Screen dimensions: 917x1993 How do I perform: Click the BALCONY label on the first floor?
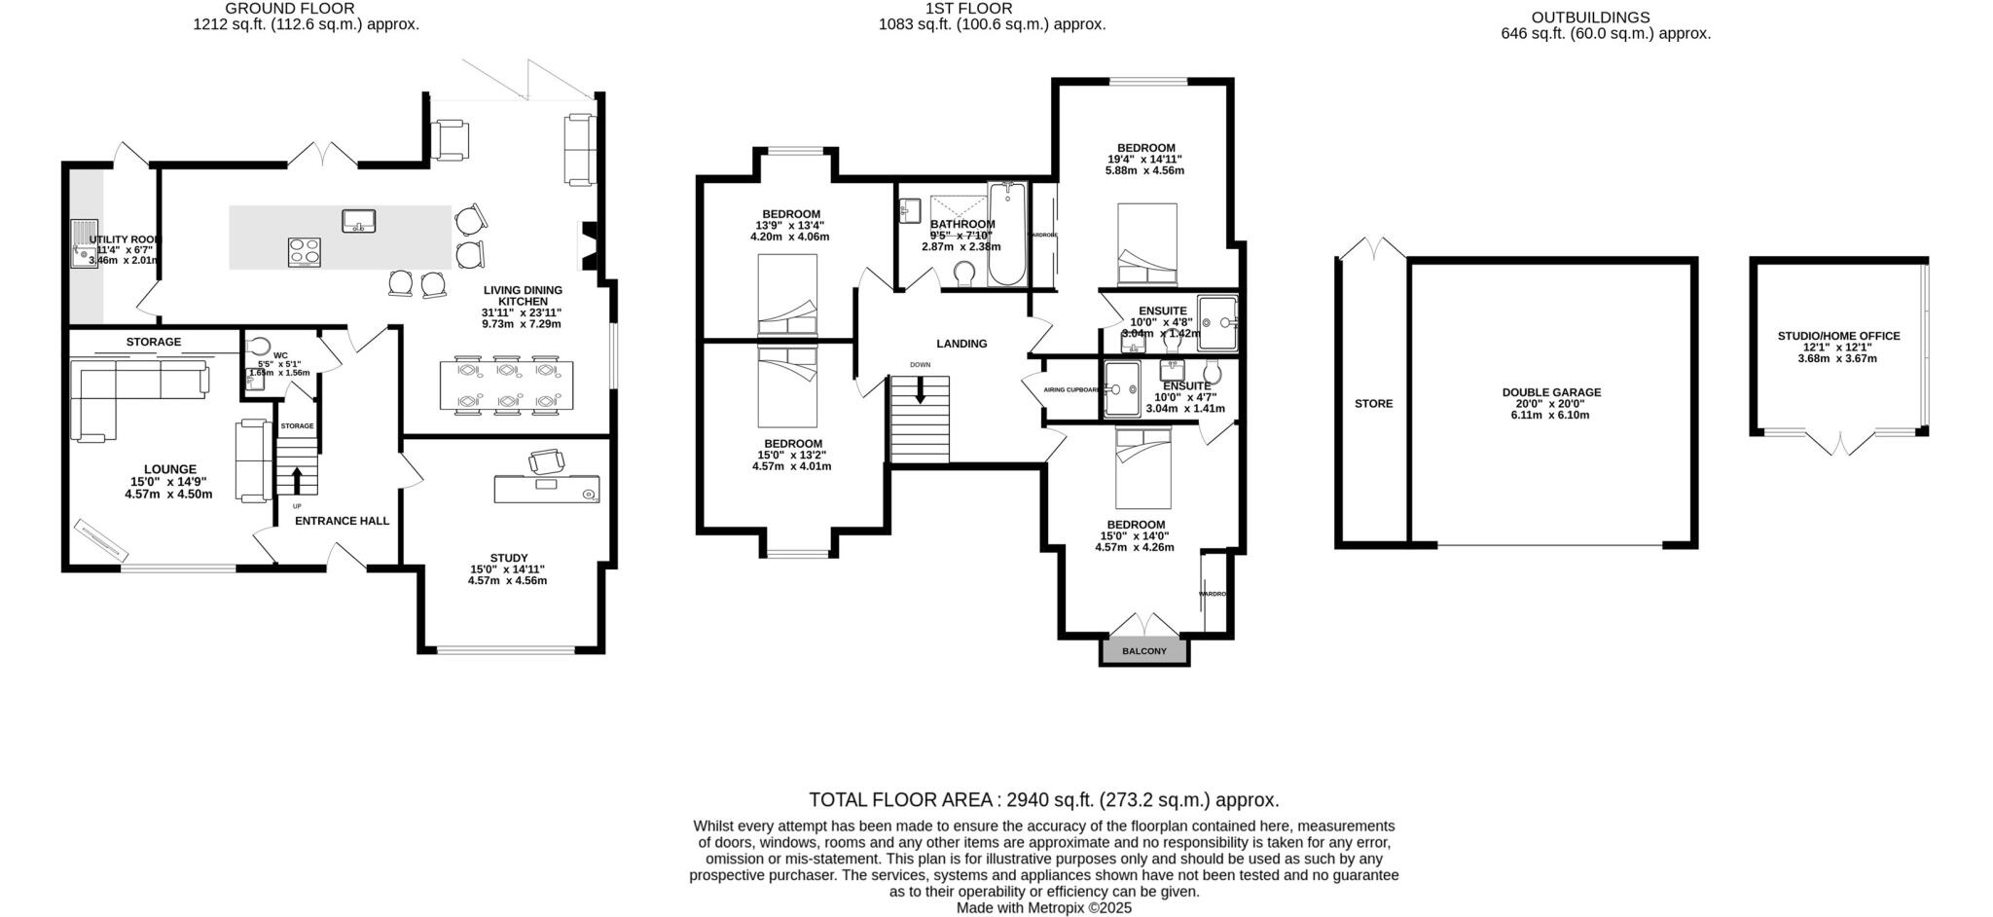point(1143,651)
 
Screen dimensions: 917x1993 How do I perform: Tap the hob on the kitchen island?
point(304,251)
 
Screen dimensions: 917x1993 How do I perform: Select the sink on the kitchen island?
point(359,220)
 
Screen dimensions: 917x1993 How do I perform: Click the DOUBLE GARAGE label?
point(1551,392)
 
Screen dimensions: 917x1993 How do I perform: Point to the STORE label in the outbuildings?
point(1373,403)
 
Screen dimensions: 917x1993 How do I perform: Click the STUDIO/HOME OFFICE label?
point(1838,336)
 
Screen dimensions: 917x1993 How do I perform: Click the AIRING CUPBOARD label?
point(1071,389)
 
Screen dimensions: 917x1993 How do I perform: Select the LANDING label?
point(961,344)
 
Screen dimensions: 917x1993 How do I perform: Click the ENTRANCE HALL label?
point(342,521)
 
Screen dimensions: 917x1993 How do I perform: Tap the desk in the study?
point(547,489)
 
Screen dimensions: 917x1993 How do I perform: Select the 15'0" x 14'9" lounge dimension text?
point(169,482)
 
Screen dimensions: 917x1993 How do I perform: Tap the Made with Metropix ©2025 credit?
point(1043,907)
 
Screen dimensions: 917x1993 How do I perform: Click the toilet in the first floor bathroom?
point(966,275)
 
